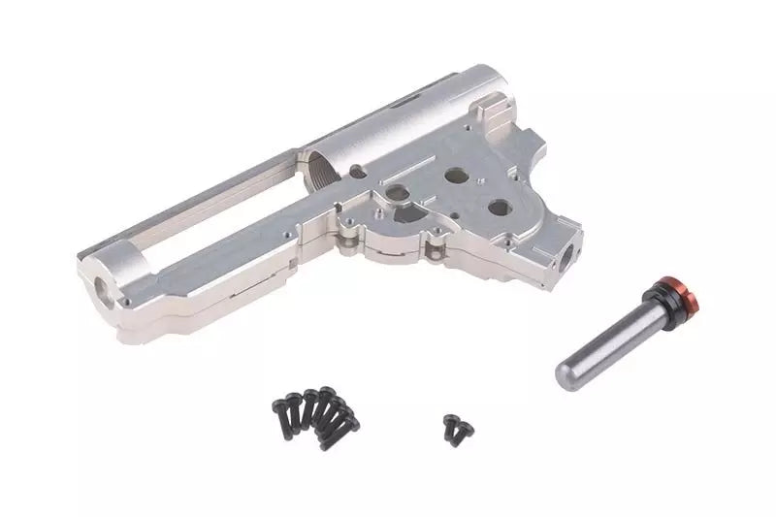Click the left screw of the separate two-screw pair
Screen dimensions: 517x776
450,423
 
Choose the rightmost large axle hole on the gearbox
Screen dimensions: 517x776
498,206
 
